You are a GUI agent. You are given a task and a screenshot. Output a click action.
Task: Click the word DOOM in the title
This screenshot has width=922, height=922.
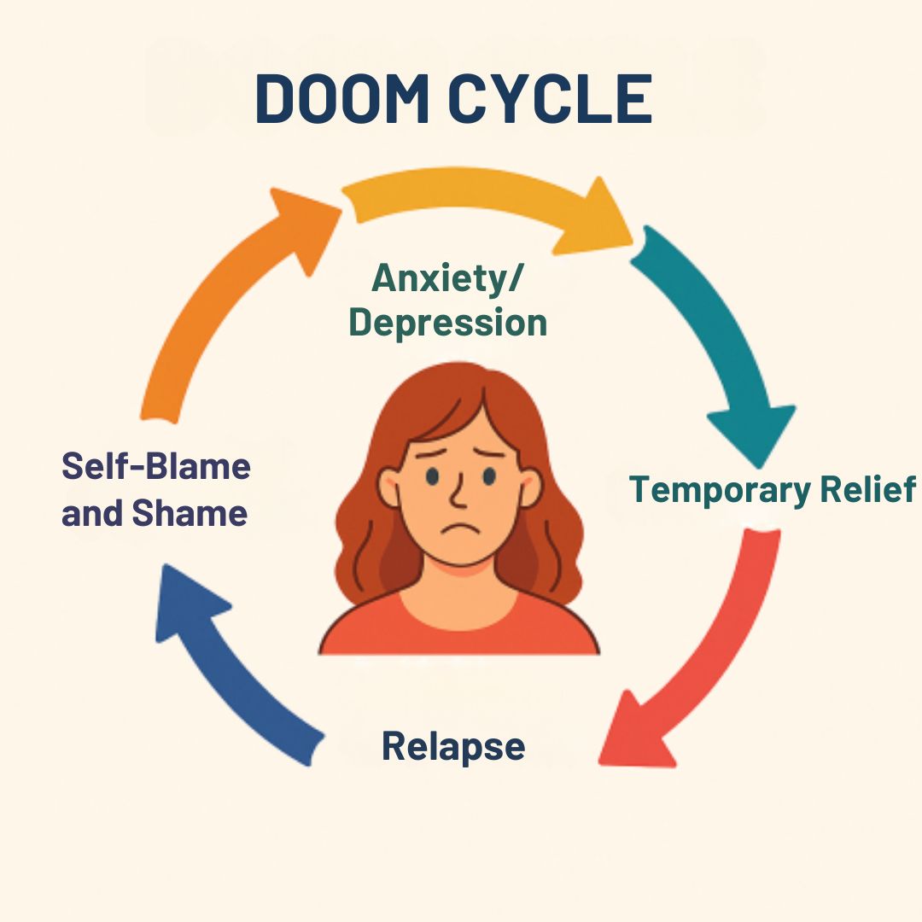click(342, 99)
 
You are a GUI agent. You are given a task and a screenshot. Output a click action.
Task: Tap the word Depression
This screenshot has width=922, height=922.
click(448, 324)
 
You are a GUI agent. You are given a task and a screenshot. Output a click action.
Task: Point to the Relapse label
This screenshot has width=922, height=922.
click(452, 746)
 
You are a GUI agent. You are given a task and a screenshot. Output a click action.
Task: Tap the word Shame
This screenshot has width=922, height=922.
click(190, 513)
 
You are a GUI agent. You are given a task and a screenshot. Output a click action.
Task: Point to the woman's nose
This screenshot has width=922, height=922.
click(458, 493)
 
